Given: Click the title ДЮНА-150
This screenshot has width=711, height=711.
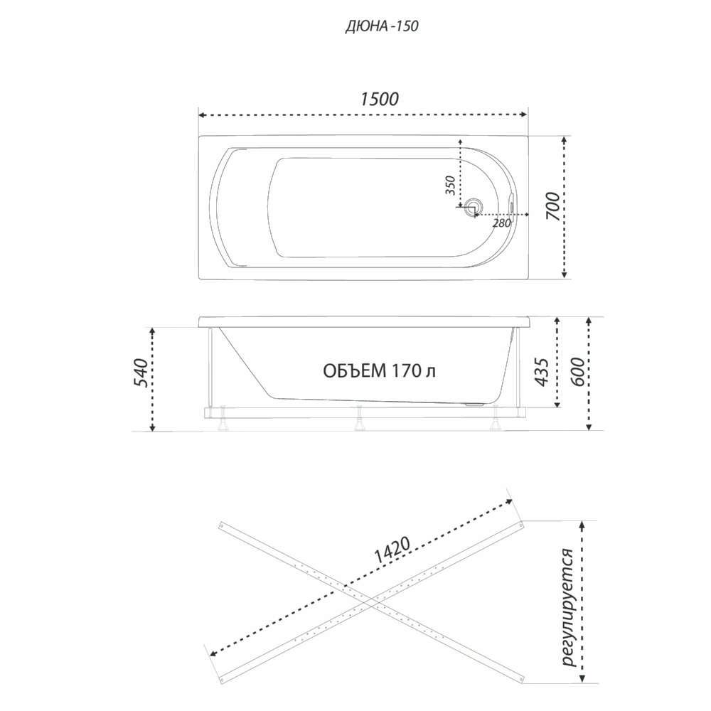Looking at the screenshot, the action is tap(382, 26).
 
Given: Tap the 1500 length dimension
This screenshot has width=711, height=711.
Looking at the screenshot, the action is tap(380, 99).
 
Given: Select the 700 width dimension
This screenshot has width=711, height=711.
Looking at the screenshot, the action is tap(552, 207).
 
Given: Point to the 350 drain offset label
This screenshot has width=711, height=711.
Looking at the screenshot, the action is tap(450, 185).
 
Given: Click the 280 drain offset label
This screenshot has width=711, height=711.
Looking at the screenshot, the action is tap(501, 223).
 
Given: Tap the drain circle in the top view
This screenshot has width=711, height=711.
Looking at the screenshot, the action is tap(474, 206).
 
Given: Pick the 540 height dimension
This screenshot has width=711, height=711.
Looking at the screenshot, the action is tap(141, 373).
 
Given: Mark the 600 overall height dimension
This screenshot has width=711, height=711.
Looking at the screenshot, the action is tap(577, 372).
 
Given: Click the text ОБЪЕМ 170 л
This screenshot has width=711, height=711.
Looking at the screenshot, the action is tap(380, 371).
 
